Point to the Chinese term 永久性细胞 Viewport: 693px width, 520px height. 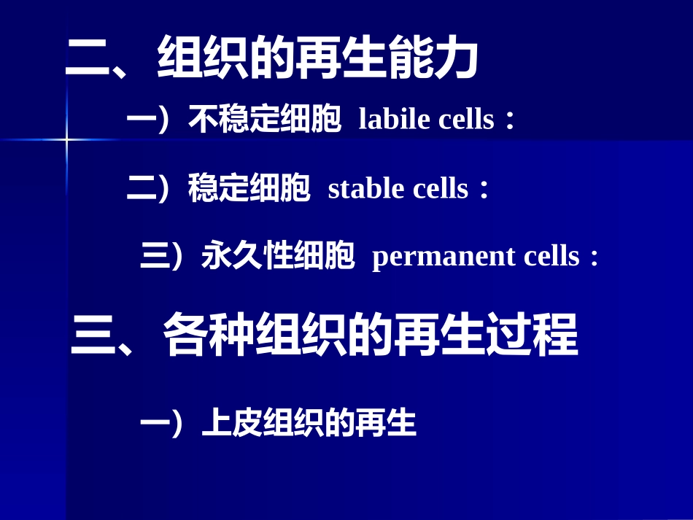click(x=278, y=257)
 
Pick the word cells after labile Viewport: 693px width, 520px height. click(x=466, y=120)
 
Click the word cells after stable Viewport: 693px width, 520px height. click(x=441, y=189)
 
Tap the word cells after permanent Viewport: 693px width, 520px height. click(x=551, y=257)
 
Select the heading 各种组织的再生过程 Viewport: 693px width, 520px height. click(x=371, y=336)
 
